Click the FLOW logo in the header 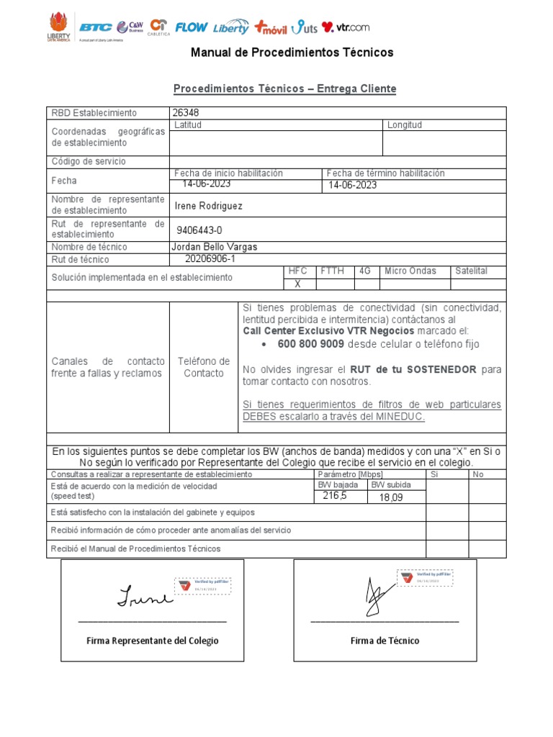[x=192, y=27]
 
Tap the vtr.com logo [x=346, y=27]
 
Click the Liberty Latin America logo [x=59, y=27]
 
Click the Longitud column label [x=405, y=125]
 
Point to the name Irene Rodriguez [x=209, y=206]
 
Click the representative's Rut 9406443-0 [x=199, y=230]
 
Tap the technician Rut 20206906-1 [x=210, y=259]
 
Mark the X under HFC [x=297, y=284]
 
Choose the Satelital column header [x=472, y=271]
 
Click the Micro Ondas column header [x=410, y=271]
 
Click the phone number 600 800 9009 [x=305, y=345]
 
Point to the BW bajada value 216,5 [x=335, y=496]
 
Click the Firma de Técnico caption [x=385, y=641]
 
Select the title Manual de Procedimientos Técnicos [x=292, y=53]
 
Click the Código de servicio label [x=88, y=162]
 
